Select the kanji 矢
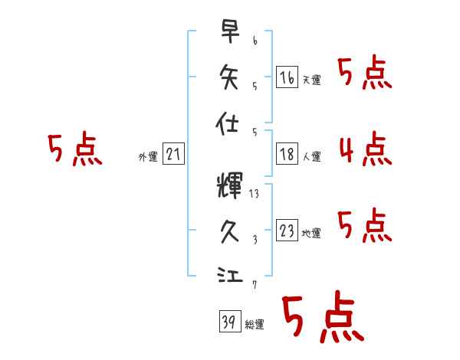tap(229, 77)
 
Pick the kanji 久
tap(229, 229)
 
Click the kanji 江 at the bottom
tap(229, 275)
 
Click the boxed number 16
tap(287, 77)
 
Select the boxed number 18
tap(287, 153)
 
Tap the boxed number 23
tap(287, 231)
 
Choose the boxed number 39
tap(228, 322)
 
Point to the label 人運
tap(311, 156)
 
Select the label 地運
tap(311, 234)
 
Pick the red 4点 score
tap(365, 149)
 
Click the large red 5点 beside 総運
tap(321, 319)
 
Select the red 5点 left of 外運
tap(74, 149)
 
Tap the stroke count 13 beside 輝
tap(255, 194)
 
